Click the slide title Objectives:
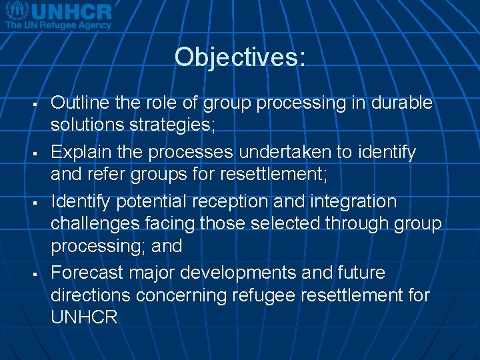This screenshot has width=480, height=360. (240, 57)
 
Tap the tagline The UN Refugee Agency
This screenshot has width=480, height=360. (58, 24)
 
